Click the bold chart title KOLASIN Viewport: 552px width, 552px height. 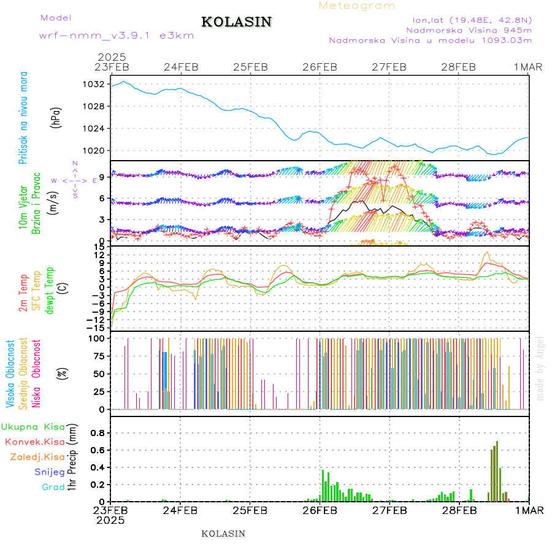click(x=236, y=22)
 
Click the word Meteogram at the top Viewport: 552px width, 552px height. click(x=357, y=6)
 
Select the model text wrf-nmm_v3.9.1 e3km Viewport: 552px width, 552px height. click(x=117, y=36)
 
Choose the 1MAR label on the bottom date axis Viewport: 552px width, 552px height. click(x=528, y=510)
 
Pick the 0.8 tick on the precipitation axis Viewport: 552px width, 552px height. click(x=98, y=432)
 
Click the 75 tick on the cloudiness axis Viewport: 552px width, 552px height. click(x=97, y=355)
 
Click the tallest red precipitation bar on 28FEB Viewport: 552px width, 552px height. click(x=497, y=470)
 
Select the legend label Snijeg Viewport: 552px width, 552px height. click(x=48, y=472)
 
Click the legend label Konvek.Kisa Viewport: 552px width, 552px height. click(x=34, y=442)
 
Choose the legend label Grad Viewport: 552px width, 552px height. click(x=53, y=487)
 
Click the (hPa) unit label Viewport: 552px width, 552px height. click(x=56, y=118)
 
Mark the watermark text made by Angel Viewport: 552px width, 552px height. click(x=540, y=368)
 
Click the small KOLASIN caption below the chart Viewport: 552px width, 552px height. click(x=223, y=534)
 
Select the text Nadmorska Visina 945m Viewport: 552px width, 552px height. click(x=469, y=29)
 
